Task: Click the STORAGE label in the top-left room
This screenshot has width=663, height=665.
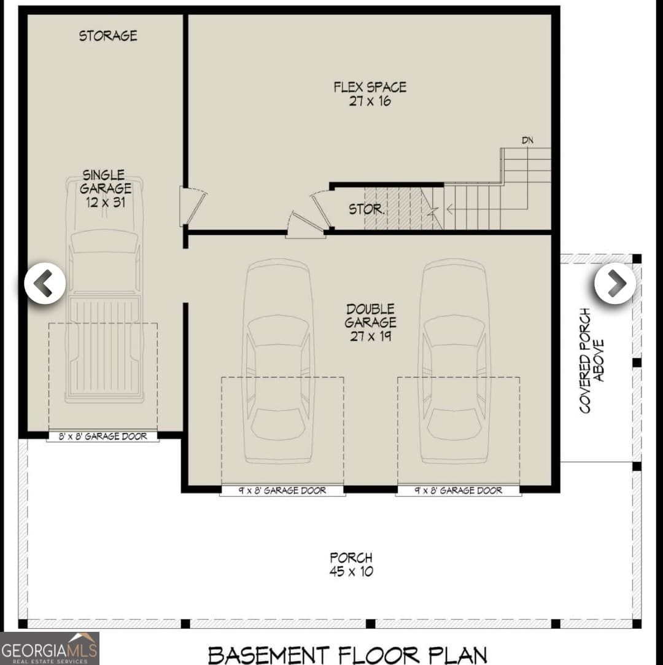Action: pos(108,36)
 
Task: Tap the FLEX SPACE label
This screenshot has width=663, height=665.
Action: pos(370,87)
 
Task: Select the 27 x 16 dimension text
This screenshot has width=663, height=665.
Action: pos(370,101)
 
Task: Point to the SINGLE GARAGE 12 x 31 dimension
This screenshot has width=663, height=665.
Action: pos(106,202)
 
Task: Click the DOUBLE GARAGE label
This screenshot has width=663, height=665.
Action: pos(371,316)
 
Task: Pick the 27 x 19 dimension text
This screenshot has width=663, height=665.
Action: pos(371,336)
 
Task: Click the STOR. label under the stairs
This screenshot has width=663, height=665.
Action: pos(366,209)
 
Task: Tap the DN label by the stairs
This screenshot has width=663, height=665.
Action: pos(527,140)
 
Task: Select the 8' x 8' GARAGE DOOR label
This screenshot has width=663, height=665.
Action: pos(103,437)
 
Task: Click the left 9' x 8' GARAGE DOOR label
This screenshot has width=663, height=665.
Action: pos(282,491)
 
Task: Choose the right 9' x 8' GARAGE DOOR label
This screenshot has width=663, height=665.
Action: pos(458,491)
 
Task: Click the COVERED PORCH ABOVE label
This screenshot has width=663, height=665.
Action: pos(591,361)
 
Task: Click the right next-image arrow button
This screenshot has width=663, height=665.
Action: pos(615,283)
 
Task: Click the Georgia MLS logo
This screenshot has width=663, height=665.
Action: pos(50,648)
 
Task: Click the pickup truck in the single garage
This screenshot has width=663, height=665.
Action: pos(104,289)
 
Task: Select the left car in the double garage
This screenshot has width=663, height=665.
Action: pos(278,361)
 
